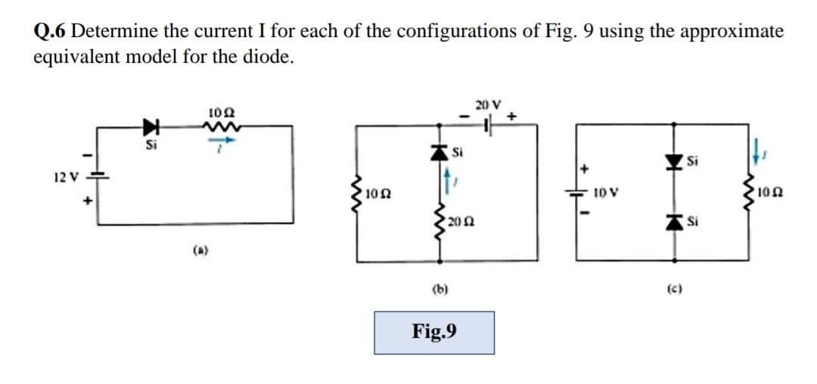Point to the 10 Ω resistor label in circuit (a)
[x=218, y=113]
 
